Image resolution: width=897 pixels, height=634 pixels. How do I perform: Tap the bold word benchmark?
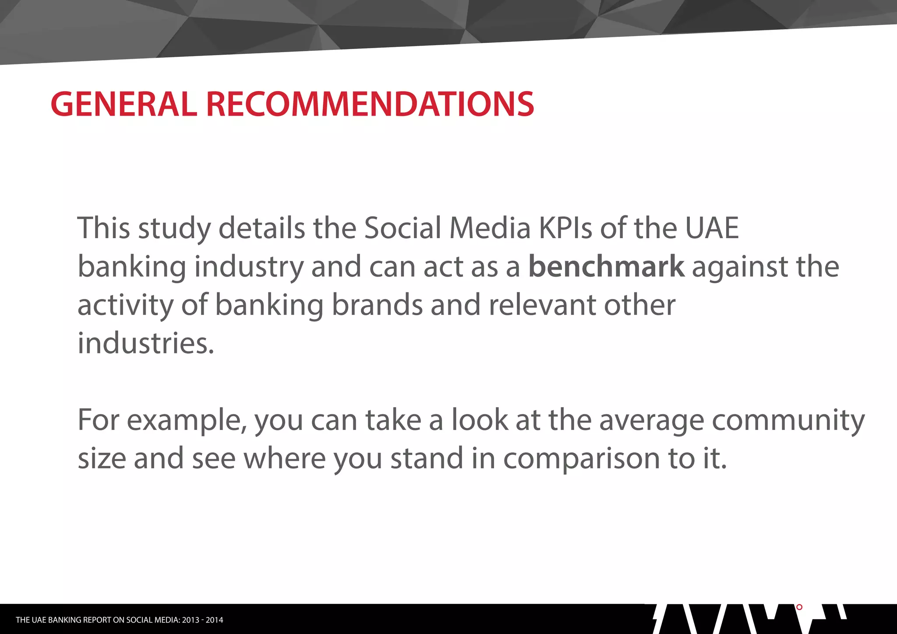(x=606, y=266)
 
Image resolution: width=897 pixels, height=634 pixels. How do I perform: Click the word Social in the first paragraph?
(x=403, y=228)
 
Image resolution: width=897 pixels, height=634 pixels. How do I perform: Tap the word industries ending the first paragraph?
(x=145, y=343)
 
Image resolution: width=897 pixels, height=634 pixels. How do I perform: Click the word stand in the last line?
(x=427, y=458)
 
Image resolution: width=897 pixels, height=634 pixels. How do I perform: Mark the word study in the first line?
(x=174, y=229)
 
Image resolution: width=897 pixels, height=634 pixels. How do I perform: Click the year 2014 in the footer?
(x=215, y=620)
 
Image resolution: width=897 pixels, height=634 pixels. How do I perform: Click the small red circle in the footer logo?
(x=799, y=607)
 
